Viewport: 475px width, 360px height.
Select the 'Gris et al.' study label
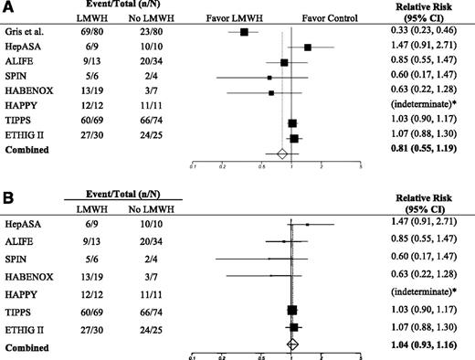[27, 32]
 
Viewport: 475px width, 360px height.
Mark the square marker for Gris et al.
[245, 32]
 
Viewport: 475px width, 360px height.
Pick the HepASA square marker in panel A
[308, 47]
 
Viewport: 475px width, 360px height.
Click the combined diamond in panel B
[292, 344]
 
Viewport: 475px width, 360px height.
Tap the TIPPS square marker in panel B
[292, 311]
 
